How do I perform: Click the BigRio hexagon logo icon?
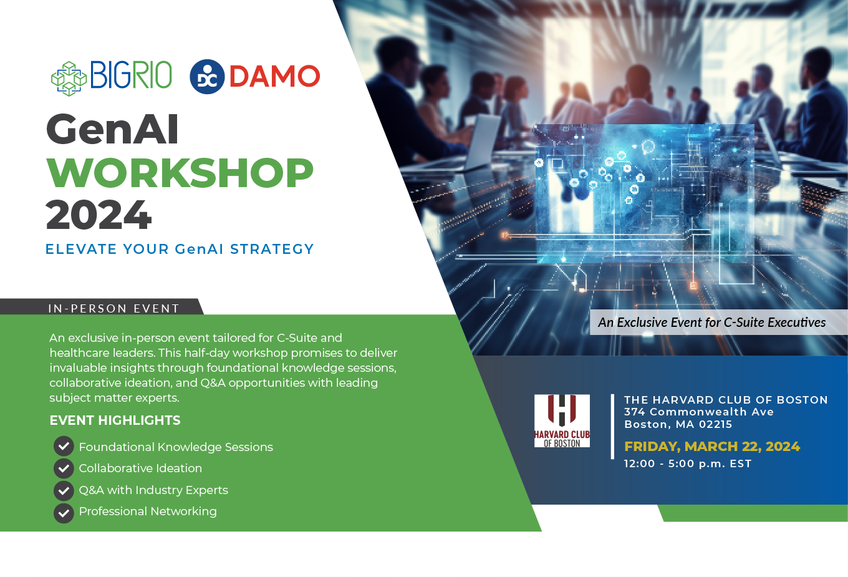69,79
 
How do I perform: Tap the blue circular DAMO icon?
207,77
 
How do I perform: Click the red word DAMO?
274,77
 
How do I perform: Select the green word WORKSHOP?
180,173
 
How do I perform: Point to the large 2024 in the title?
99,215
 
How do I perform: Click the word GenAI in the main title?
112,130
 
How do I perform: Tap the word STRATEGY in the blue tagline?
272,250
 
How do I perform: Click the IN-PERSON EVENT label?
113,308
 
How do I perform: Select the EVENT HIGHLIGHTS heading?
115,420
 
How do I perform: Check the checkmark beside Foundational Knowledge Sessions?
64,446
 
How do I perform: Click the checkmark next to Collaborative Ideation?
64,468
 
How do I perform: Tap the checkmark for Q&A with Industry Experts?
64,490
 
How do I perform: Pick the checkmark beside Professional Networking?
64,512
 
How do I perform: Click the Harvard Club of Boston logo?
562,420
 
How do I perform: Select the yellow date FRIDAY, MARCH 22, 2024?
712,447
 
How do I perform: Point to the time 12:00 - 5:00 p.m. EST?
688,463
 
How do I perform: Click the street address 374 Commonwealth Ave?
699,412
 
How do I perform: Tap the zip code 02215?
715,424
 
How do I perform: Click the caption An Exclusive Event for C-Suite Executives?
711,322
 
